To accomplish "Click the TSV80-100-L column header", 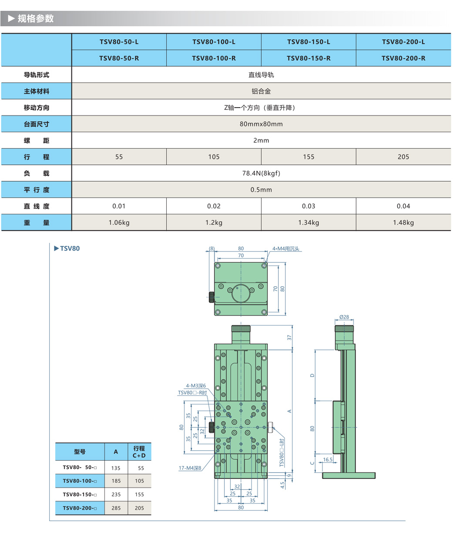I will click(x=214, y=42).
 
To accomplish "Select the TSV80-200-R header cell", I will click(x=403, y=58).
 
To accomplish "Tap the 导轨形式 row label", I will click(x=37, y=75).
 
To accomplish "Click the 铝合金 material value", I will click(x=261, y=92).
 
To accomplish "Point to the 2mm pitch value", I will click(x=261, y=140).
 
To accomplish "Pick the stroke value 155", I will click(x=309, y=157).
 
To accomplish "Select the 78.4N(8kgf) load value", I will click(x=261, y=173).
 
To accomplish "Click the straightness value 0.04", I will click(x=403, y=206).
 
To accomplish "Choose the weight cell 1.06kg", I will click(x=119, y=223).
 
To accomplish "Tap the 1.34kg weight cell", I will click(x=309, y=223).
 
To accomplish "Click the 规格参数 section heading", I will click(x=36, y=18).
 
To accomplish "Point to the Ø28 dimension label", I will click(x=344, y=317).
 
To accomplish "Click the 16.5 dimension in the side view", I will click(x=328, y=459).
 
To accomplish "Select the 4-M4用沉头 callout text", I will click(x=286, y=249).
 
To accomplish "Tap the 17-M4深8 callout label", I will click(x=190, y=468).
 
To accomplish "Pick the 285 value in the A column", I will click(x=116, y=508).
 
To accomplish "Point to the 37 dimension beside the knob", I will click(x=289, y=337).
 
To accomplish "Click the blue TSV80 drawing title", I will click(x=70, y=248).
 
